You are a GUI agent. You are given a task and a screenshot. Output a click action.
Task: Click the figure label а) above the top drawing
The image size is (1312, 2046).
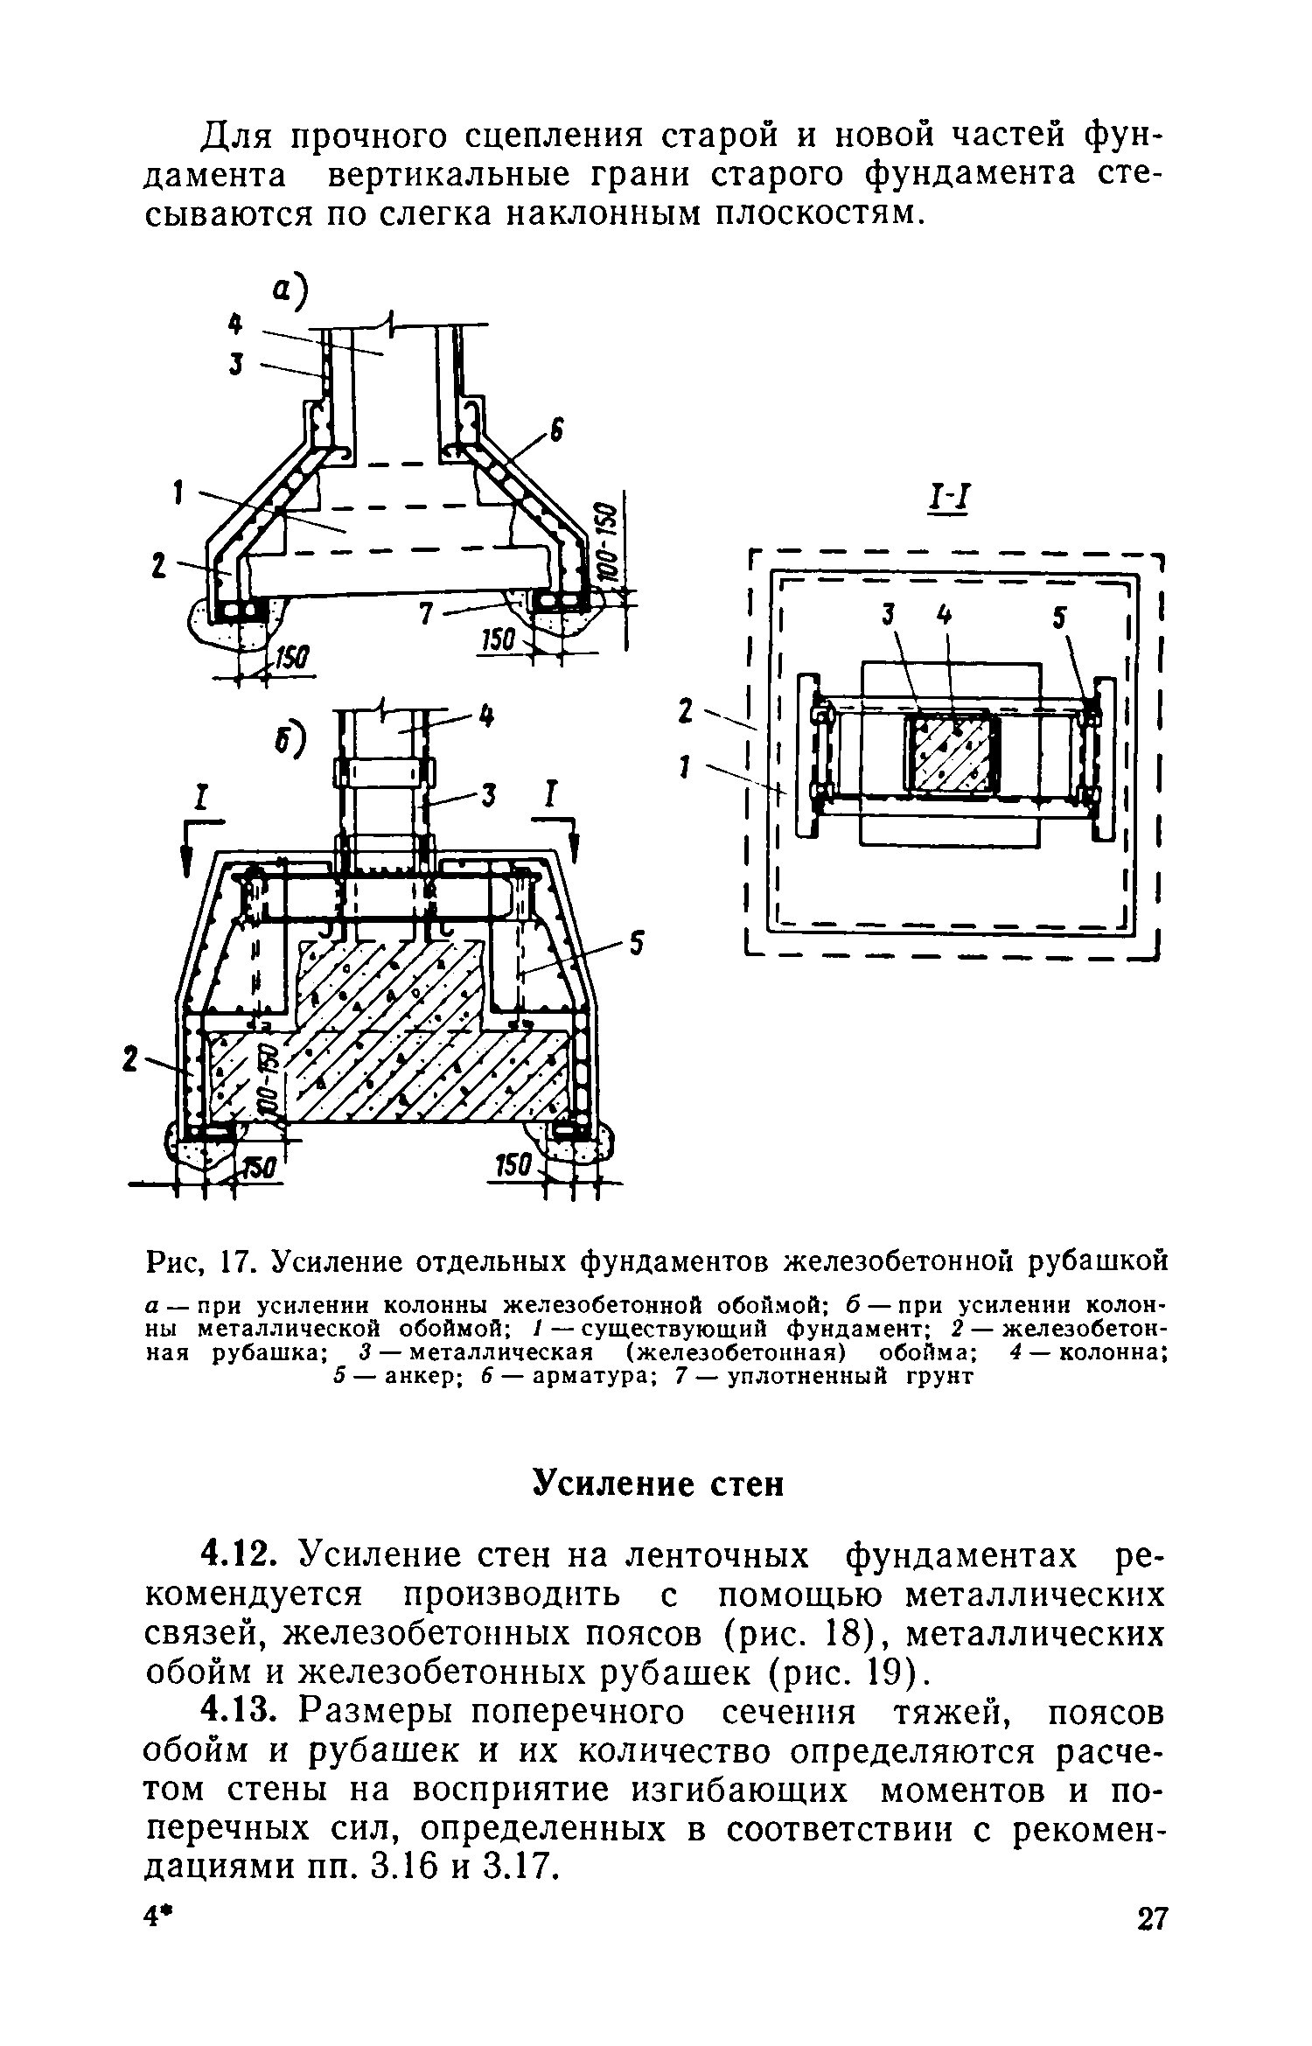(x=292, y=295)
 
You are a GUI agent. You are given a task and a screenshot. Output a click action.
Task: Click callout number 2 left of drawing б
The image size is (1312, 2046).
(x=132, y=1060)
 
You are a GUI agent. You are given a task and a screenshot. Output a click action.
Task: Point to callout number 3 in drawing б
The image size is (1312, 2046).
(x=490, y=795)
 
